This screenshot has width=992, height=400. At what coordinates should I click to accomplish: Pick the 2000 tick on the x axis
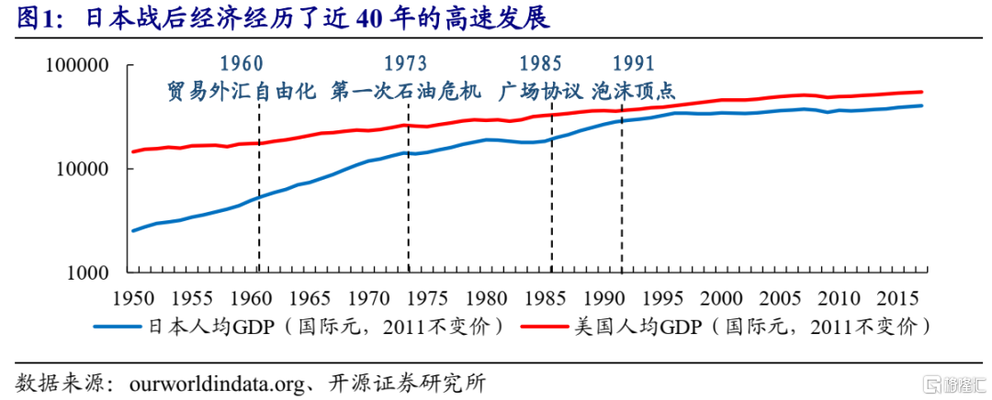point(721,298)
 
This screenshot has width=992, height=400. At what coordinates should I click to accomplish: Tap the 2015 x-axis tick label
point(898,298)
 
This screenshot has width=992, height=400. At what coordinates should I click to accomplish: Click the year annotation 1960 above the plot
point(242,63)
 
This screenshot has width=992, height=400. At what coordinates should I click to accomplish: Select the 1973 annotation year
point(405,63)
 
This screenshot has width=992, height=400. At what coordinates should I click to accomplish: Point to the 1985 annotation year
point(540,63)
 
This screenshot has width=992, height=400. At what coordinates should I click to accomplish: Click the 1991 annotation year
point(633,63)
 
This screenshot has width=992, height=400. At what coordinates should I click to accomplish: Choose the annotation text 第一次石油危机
point(405,91)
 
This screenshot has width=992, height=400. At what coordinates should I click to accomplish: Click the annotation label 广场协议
point(540,91)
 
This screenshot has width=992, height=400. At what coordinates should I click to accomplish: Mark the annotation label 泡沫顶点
point(634,91)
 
